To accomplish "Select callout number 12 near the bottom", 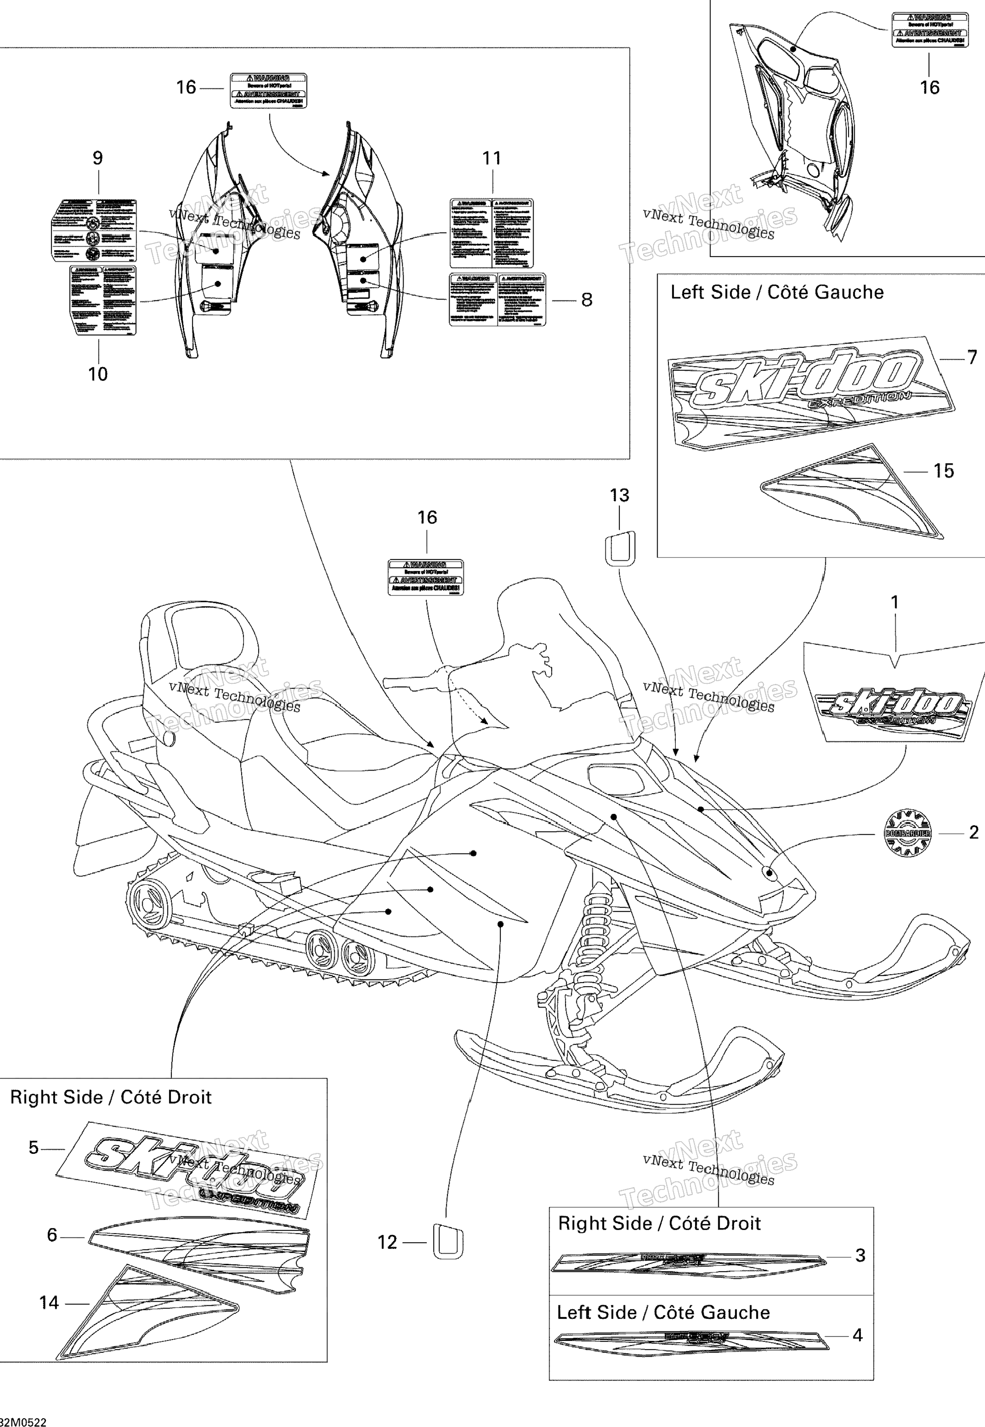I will (387, 1242).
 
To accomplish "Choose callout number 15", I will (943, 471).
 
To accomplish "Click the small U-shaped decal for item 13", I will (620, 547).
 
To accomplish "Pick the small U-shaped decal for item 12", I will (448, 1241).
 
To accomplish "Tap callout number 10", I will (98, 374).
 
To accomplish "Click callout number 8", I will (586, 300).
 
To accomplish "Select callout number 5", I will (33, 1148).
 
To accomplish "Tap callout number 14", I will (49, 1303).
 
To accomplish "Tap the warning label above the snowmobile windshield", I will (425, 577).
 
